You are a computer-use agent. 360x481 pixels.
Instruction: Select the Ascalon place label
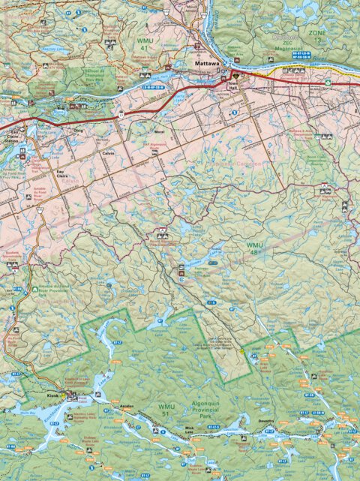pos(127,406)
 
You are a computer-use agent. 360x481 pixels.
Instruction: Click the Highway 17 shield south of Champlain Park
pos(119,115)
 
